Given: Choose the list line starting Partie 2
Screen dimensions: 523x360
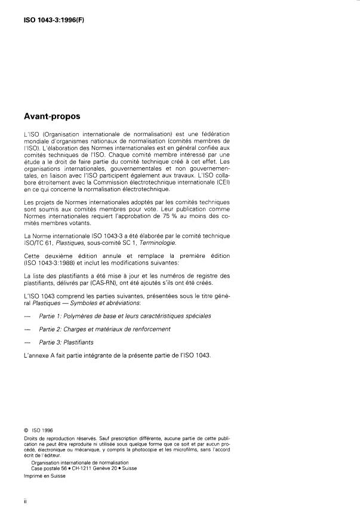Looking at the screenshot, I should click(x=104, y=329).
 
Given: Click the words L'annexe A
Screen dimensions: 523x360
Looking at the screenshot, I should click(x=38, y=356).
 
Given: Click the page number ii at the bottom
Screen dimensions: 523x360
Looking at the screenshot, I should click(x=26, y=500).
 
